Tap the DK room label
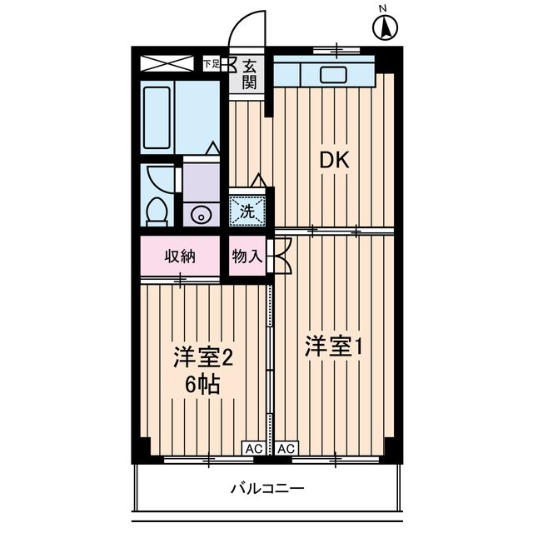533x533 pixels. (335, 160)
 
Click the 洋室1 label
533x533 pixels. (332, 346)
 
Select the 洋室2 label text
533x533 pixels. (203, 357)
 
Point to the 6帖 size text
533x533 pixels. (202, 385)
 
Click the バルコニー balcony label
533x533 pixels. (267, 489)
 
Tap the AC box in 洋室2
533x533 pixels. (254, 448)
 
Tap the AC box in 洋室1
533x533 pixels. (286, 448)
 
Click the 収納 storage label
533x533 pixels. (180, 257)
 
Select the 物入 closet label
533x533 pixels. (247, 257)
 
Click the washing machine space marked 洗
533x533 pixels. (247, 211)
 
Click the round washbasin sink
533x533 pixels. (201, 216)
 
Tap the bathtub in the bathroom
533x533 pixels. (157, 117)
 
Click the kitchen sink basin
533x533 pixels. (334, 75)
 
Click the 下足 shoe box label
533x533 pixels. (212, 63)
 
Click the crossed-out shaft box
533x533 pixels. (167, 63)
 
